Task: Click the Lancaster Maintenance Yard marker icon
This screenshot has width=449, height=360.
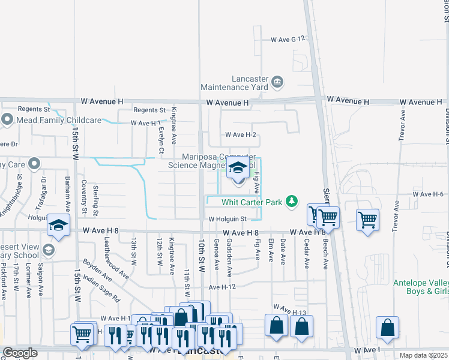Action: (x=277, y=81)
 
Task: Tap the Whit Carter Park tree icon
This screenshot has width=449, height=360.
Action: (x=292, y=201)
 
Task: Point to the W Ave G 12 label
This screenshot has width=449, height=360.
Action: (x=288, y=39)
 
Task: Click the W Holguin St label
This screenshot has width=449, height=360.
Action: (x=228, y=219)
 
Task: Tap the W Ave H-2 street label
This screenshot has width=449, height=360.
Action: (x=240, y=135)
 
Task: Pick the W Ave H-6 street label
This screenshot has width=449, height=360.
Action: (x=428, y=194)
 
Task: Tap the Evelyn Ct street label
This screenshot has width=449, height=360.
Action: (x=161, y=141)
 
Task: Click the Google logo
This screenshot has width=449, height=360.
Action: (x=20, y=353)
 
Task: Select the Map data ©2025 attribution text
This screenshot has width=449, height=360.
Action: (x=424, y=355)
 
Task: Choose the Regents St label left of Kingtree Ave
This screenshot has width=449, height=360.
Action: (x=149, y=110)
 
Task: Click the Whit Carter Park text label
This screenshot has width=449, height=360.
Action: (x=252, y=202)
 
